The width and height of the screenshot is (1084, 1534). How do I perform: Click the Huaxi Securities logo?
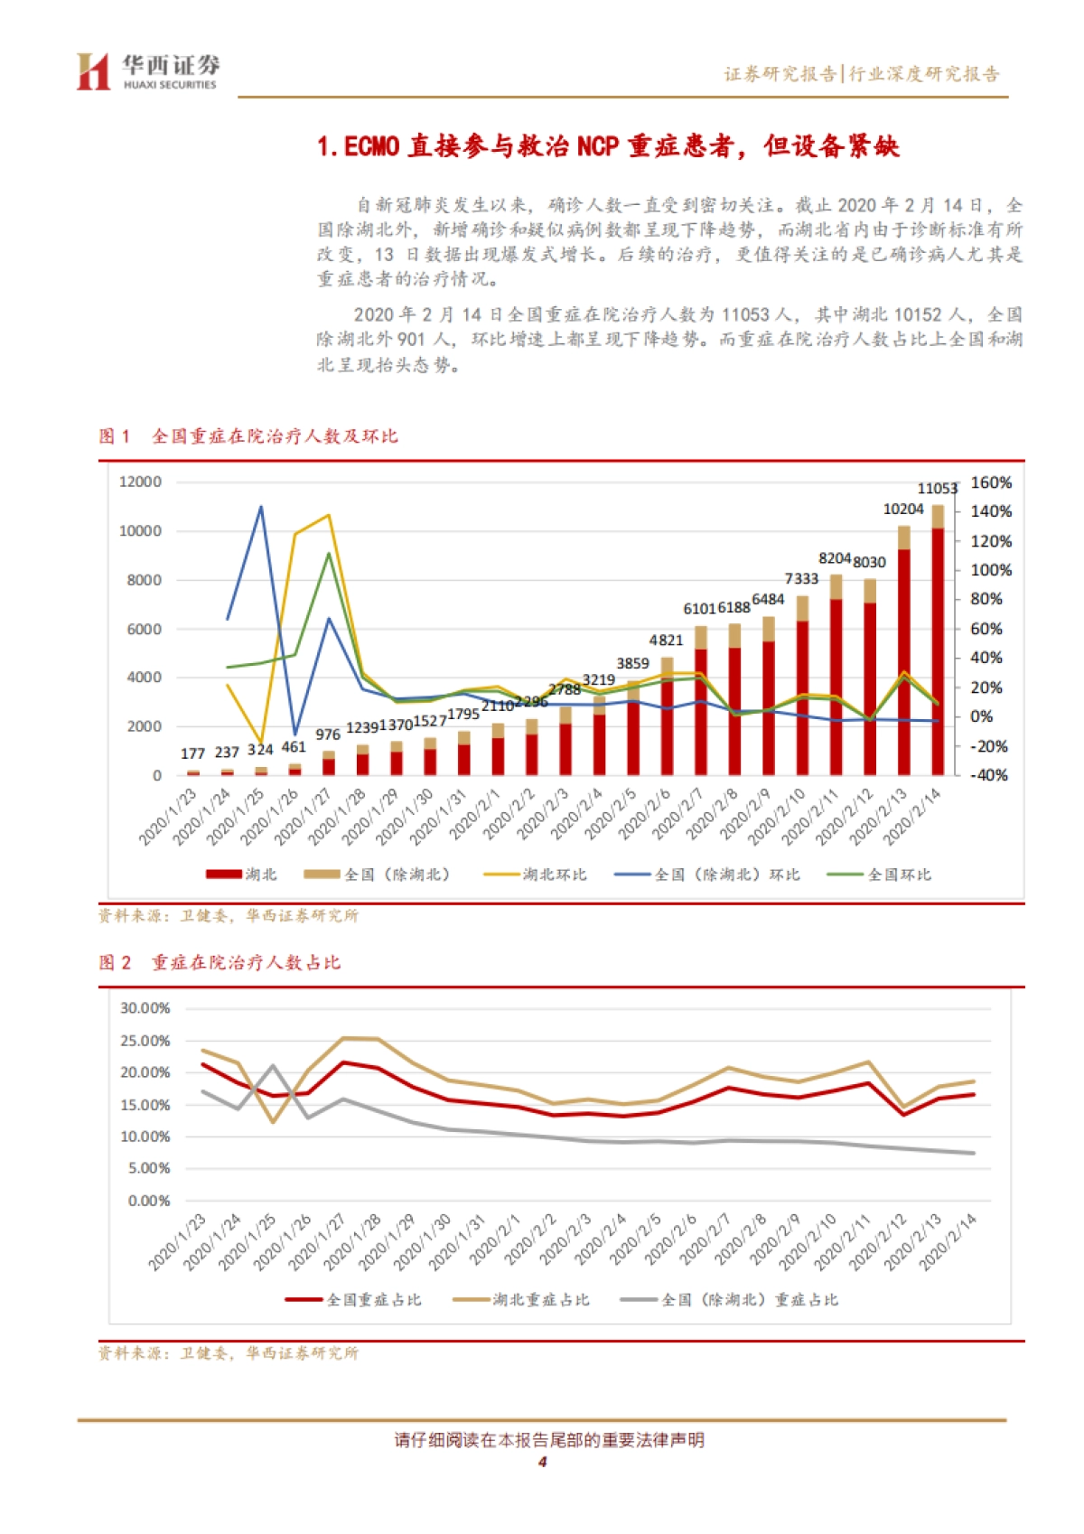[147, 71]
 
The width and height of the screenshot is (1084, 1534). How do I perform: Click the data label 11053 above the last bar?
[937, 489]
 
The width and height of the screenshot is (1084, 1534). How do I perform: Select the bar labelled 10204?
[904, 650]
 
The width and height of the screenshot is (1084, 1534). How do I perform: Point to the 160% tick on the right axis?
[991, 482]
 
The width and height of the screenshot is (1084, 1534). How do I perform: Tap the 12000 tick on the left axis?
[140, 482]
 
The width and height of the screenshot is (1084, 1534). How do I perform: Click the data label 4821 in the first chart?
[666, 641]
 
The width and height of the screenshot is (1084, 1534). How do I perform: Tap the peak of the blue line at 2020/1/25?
[261, 507]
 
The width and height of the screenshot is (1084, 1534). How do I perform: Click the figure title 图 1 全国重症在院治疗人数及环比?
[248, 436]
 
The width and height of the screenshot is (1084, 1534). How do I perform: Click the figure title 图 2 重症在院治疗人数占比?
[220, 963]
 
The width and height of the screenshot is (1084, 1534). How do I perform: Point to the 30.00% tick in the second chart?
[145, 1008]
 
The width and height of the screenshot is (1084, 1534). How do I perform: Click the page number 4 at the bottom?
[542, 1463]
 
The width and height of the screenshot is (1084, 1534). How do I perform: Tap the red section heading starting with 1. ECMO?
[608, 146]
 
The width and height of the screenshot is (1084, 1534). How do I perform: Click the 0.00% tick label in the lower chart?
[149, 1201]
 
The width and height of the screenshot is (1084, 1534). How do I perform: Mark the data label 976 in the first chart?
[328, 735]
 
